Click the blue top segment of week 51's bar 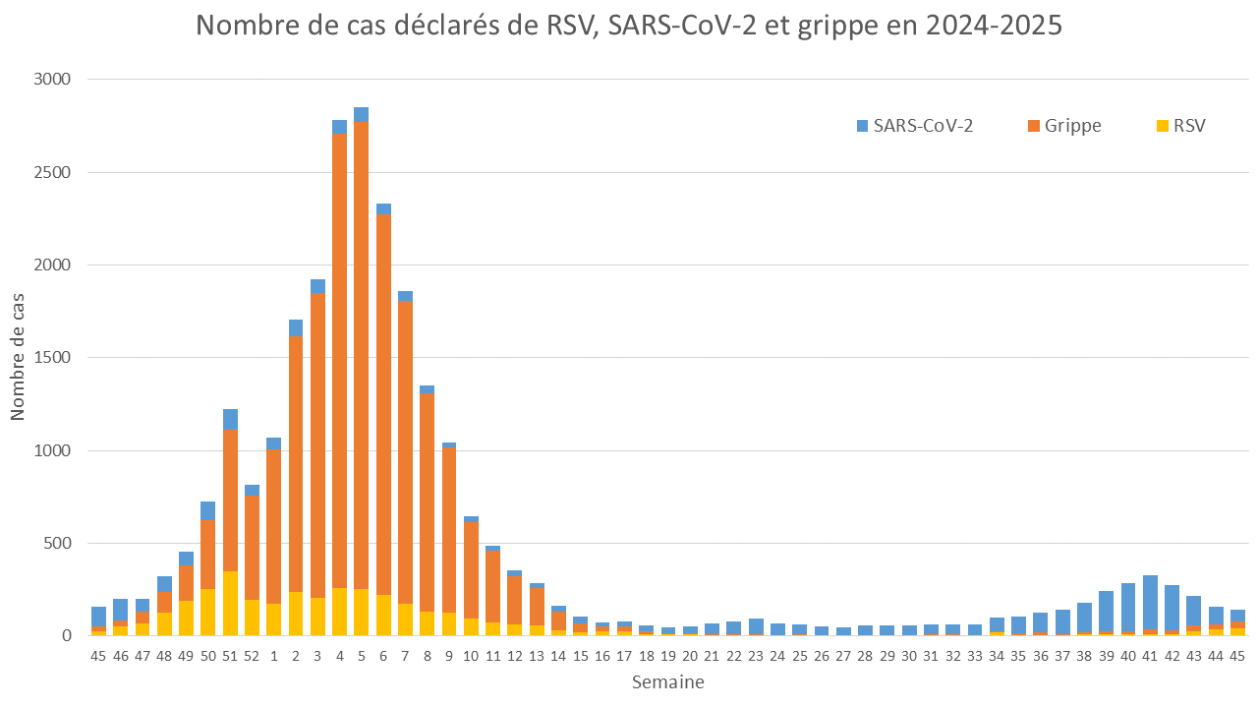230,420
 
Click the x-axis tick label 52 252,655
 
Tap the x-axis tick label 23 756,655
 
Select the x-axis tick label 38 1084,655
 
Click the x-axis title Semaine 667,681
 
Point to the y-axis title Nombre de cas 19,357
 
